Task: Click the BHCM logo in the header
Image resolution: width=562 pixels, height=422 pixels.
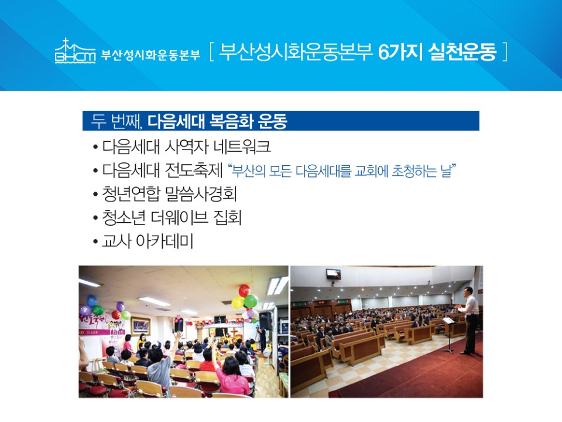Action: (76, 51)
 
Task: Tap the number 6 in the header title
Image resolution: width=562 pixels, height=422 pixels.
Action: (384, 52)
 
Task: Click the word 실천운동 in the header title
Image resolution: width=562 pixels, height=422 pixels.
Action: (462, 52)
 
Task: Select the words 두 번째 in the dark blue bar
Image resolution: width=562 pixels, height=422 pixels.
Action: (115, 121)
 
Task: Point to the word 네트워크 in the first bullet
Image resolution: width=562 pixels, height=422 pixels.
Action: (242, 147)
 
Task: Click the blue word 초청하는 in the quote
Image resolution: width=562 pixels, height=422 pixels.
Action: (414, 171)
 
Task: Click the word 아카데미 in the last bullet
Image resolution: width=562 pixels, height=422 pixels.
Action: (165, 241)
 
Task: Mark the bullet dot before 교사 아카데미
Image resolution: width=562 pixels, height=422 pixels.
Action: (95, 242)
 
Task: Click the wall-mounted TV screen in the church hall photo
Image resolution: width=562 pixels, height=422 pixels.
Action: (333, 274)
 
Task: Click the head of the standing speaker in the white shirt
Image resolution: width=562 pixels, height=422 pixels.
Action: (467, 292)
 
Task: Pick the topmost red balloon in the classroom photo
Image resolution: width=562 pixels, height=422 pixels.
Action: (245, 290)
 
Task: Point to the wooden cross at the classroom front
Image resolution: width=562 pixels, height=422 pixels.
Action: (234, 333)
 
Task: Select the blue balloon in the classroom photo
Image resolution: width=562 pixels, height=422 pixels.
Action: (92, 301)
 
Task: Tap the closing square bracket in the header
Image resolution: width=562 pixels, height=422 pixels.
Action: (505, 52)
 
